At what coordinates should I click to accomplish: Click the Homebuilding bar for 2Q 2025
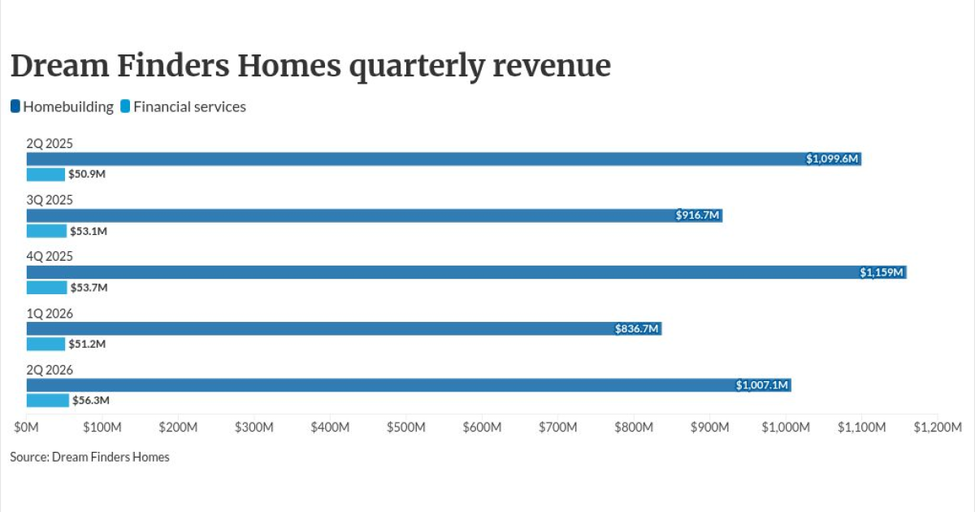[444, 159]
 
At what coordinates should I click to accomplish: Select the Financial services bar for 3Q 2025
[46, 231]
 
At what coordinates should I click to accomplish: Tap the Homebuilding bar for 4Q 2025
[466, 272]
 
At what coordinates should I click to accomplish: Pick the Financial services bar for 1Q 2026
[45, 344]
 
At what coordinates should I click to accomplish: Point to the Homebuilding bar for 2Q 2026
[409, 385]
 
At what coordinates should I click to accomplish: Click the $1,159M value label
[882, 272]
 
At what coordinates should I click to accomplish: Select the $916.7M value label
[697, 215]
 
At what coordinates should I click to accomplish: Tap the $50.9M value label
[87, 174]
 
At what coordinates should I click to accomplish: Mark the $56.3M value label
[91, 400]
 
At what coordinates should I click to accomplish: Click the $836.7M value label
[636, 328]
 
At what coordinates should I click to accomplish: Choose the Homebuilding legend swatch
[15, 106]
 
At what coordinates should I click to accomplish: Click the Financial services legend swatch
[125, 106]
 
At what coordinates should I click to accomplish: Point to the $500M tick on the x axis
[406, 427]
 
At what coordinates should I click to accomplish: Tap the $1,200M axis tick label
[938, 427]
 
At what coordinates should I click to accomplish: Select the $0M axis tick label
[27, 427]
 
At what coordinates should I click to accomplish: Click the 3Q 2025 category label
[50, 200]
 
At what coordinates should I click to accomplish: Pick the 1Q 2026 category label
[50, 314]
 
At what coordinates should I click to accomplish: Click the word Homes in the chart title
[289, 66]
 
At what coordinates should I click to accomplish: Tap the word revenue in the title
[552, 67]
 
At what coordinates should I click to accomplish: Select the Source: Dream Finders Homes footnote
[89, 457]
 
